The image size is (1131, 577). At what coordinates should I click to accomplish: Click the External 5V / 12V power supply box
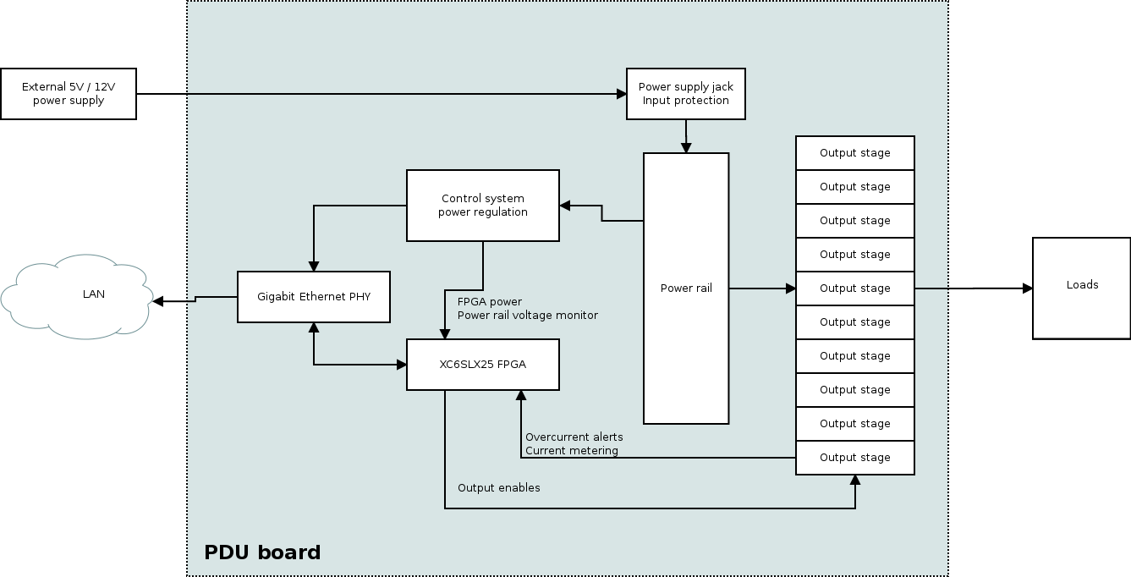[69, 94]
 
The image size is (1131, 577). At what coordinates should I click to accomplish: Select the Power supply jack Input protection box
[685, 94]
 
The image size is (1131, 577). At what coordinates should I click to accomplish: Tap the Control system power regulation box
[482, 206]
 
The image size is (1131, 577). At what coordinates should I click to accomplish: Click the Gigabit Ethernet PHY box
[313, 297]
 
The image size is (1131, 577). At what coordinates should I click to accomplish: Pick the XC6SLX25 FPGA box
[482, 365]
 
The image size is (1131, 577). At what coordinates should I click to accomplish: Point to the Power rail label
[686, 288]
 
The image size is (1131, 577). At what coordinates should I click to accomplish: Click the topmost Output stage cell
[854, 153]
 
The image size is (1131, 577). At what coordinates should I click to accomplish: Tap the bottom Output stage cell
[854, 458]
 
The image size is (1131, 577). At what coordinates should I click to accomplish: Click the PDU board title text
[262, 552]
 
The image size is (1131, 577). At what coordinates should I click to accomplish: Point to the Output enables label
[498, 488]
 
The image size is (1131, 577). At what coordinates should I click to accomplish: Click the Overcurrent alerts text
[574, 437]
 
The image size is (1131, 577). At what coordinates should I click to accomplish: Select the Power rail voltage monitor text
[527, 316]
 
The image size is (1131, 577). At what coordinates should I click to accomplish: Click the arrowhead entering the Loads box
[1027, 288]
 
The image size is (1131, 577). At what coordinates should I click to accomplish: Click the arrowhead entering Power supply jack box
[620, 94]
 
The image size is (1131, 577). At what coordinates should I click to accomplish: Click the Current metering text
[571, 451]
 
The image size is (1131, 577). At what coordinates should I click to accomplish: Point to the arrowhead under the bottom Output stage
[855, 481]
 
